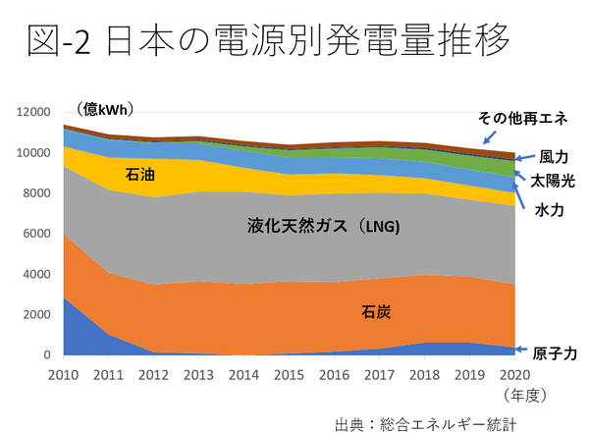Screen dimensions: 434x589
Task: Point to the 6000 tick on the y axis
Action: coord(36,234)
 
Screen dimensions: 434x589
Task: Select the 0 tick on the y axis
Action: coord(45,354)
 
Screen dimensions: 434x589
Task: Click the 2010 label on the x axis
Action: coord(64,374)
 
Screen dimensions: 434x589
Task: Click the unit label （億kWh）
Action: coord(105,108)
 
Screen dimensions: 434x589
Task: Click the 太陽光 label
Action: coord(554,182)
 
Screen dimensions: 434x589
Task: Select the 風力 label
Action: coord(554,156)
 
